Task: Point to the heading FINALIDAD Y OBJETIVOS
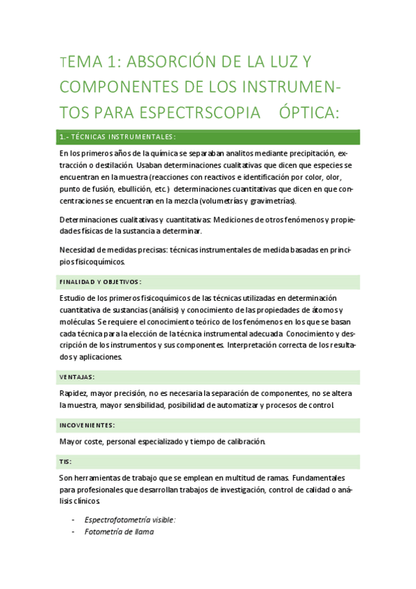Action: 100,282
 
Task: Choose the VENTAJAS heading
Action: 78,377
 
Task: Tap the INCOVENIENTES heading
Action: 88,425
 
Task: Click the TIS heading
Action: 66,461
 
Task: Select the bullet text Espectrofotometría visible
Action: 130,520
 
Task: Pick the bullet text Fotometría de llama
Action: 119,532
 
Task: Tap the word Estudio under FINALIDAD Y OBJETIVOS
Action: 74,298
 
